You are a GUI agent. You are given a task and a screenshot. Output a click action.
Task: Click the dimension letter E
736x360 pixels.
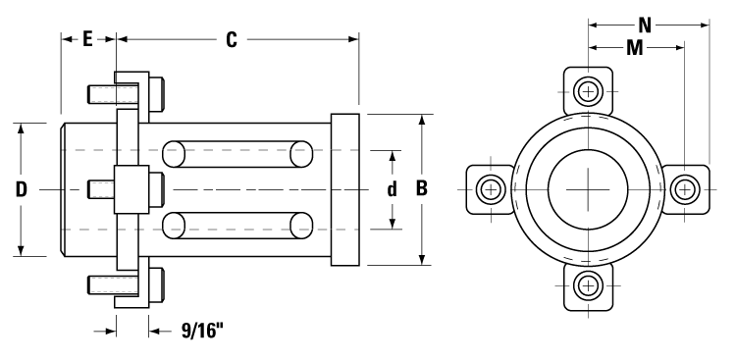tap(87, 39)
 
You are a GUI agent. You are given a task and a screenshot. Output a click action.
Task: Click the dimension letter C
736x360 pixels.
tap(232, 39)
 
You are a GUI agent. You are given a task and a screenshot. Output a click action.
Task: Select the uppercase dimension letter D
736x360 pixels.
tap(21, 188)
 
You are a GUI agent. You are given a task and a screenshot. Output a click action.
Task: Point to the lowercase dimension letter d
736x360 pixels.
tap(392, 188)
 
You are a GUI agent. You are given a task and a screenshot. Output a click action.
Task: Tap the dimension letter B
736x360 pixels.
tap(422, 188)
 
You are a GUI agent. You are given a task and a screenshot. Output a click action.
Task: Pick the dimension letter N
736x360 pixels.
tap(645, 22)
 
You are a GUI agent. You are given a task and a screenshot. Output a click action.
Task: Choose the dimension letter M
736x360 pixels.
tap(635, 47)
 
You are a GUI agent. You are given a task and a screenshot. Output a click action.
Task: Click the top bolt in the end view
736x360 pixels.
tap(587, 92)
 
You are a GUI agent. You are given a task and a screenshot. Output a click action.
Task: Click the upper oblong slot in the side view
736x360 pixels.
tap(237, 154)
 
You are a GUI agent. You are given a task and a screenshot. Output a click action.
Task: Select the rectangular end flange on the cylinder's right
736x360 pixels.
tap(346, 188)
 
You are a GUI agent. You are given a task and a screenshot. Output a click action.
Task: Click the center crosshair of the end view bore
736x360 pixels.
tap(587, 188)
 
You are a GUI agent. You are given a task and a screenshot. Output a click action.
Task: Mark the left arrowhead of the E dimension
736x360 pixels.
tap(66, 39)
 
